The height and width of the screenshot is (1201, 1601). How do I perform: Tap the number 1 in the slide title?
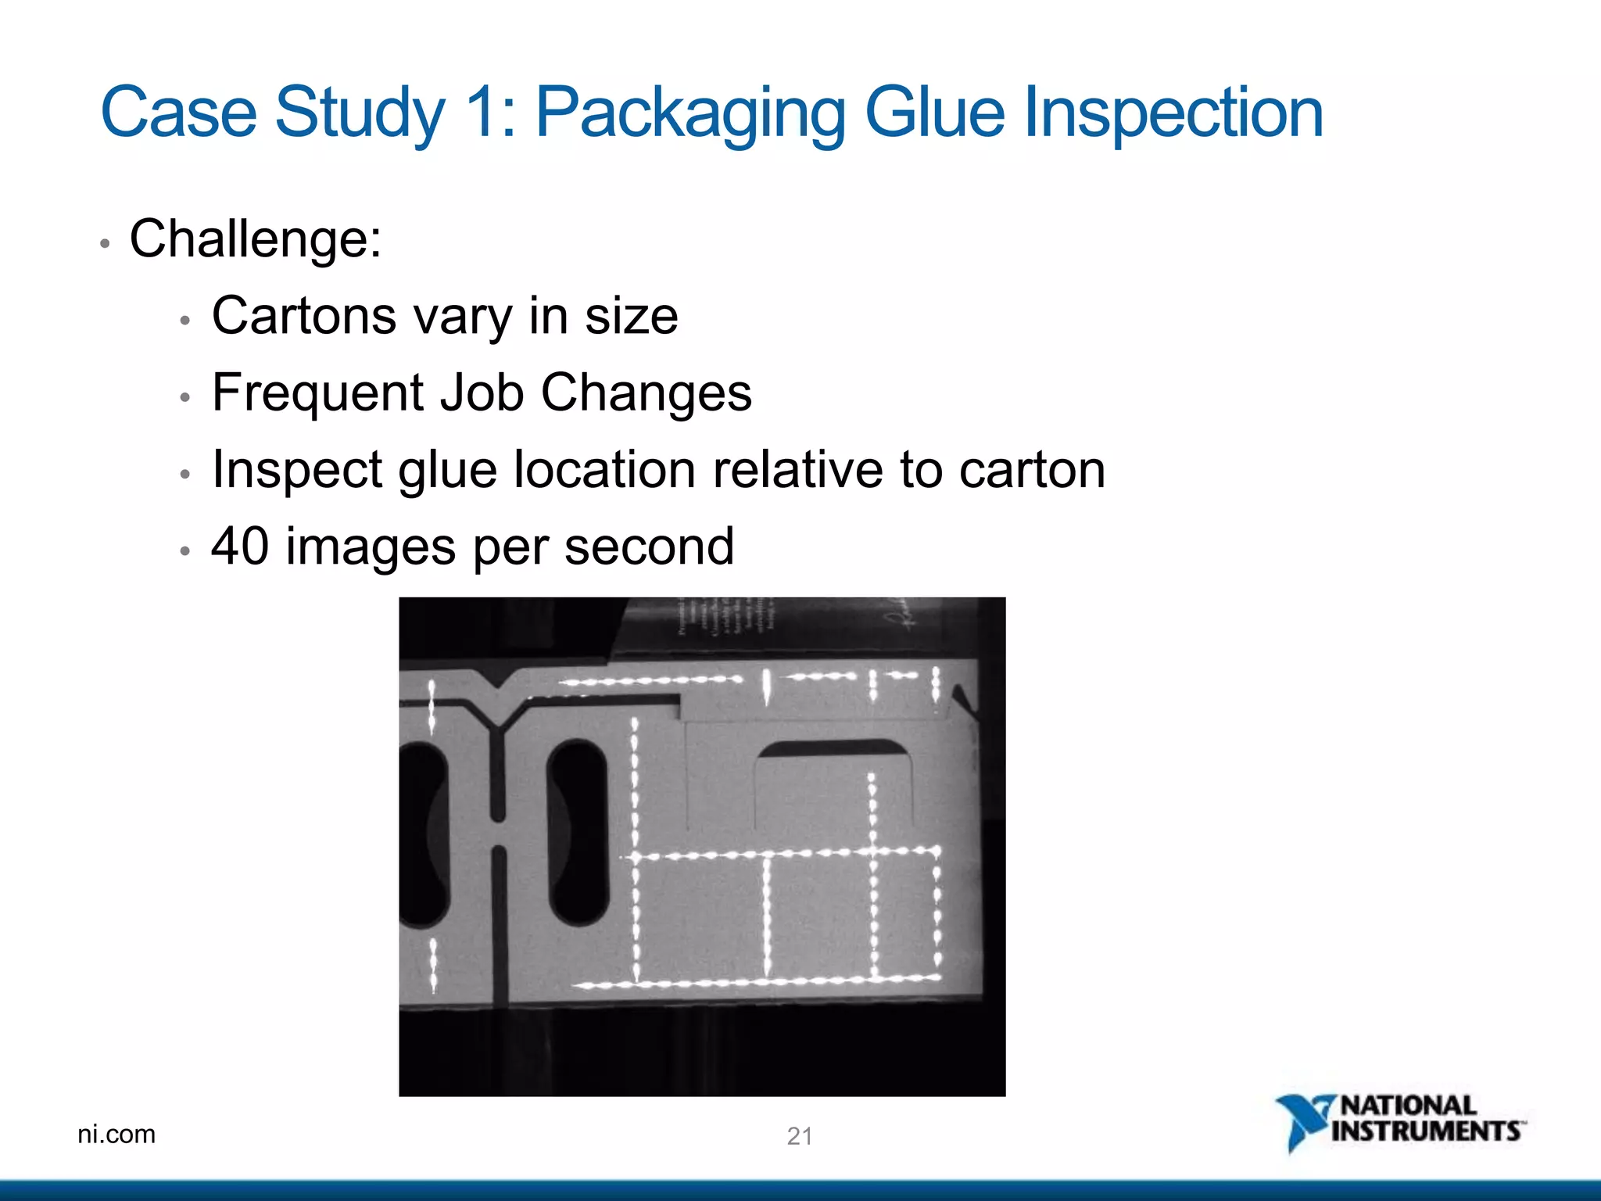pyautogui.click(x=482, y=113)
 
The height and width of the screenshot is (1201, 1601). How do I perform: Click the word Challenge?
pyautogui.click(x=255, y=238)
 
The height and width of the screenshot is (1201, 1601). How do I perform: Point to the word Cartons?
pyautogui.click(x=304, y=316)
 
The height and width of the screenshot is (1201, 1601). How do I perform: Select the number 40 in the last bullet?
pyautogui.click(x=240, y=546)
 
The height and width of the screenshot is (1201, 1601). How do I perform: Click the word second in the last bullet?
pyautogui.click(x=649, y=546)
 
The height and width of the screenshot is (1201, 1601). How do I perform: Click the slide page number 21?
pyautogui.click(x=799, y=1136)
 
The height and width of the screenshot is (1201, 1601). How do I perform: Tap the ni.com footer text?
pyautogui.click(x=116, y=1134)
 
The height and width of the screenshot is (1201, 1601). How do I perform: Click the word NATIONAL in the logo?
pyautogui.click(x=1408, y=1106)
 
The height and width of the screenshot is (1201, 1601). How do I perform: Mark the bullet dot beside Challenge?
pyautogui.click(x=105, y=244)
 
